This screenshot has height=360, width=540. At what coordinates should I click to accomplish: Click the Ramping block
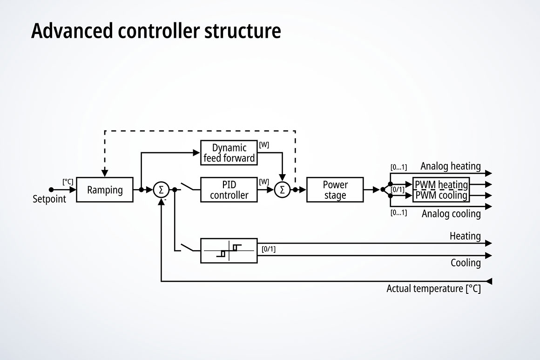pos(105,190)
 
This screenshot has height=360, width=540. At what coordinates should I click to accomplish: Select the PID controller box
pos(229,190)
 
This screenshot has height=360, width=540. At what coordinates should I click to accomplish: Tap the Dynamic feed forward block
pos(229,153)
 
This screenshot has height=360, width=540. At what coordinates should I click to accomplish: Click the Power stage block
pos(335,190)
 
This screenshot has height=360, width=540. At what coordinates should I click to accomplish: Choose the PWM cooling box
pos(441,196)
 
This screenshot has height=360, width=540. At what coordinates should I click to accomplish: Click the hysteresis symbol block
pos(229,251)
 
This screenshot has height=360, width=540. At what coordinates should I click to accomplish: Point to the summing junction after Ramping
pos(161,190)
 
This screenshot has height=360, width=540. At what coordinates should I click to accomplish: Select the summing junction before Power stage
pos(282,190)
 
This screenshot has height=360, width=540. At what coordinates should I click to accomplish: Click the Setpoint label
pos(49,199)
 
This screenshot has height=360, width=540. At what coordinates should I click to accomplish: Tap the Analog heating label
pos(450,166)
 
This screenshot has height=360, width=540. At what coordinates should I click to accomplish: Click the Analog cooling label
pos(451,214)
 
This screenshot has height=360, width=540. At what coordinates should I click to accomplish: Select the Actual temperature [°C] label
pos(433,289)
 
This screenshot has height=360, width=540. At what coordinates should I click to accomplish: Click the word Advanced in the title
pos(72,31)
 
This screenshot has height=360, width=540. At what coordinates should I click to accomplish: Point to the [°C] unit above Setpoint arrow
pos(68,182)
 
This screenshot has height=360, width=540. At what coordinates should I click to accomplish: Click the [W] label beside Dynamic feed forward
pos(264,145)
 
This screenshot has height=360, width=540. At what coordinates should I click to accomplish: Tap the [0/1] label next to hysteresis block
pos(269,249)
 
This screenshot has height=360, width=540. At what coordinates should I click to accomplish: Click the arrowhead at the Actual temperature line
pos(489,281)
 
